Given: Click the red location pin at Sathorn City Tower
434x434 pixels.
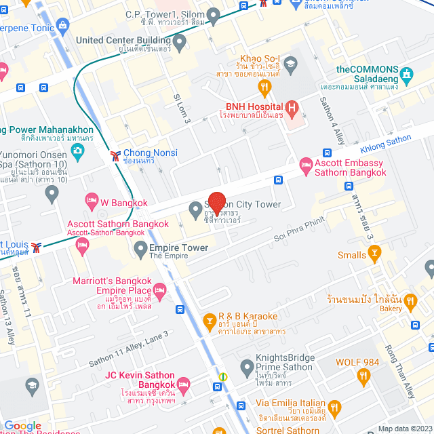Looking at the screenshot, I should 216,203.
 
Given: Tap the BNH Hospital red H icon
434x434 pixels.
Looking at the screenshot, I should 292,107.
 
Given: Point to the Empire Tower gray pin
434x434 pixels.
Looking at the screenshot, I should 140,248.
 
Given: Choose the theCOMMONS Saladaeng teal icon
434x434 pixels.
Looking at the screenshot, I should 407,73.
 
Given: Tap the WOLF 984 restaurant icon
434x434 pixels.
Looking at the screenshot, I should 363,375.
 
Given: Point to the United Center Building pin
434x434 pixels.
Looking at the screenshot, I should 179,43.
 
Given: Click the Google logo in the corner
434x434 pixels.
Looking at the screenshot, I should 22,425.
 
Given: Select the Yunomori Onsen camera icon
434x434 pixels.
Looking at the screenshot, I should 77,149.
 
